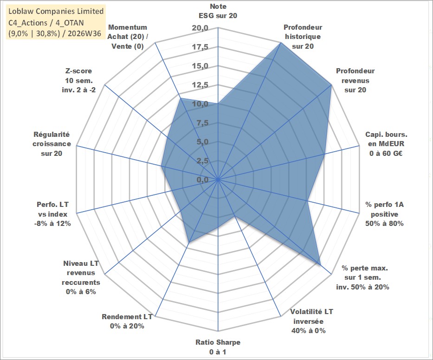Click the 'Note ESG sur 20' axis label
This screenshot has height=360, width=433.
point(218,11)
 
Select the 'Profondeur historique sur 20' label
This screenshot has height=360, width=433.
point(303,37)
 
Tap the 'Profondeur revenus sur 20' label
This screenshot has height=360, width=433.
point(355,80)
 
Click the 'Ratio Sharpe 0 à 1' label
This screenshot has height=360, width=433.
point(218,347)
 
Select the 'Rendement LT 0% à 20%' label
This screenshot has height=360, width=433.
point(127,321)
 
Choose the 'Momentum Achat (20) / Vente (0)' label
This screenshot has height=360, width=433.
point(128,37)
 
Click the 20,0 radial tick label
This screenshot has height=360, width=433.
point(200,28)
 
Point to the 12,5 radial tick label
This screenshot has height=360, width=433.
point(200,85)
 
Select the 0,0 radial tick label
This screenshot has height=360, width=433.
point(202,180)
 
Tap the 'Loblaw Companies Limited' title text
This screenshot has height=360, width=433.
point(56,11)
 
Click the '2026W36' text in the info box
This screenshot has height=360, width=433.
point(84,33)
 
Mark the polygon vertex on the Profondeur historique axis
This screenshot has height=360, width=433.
point(281,43)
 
